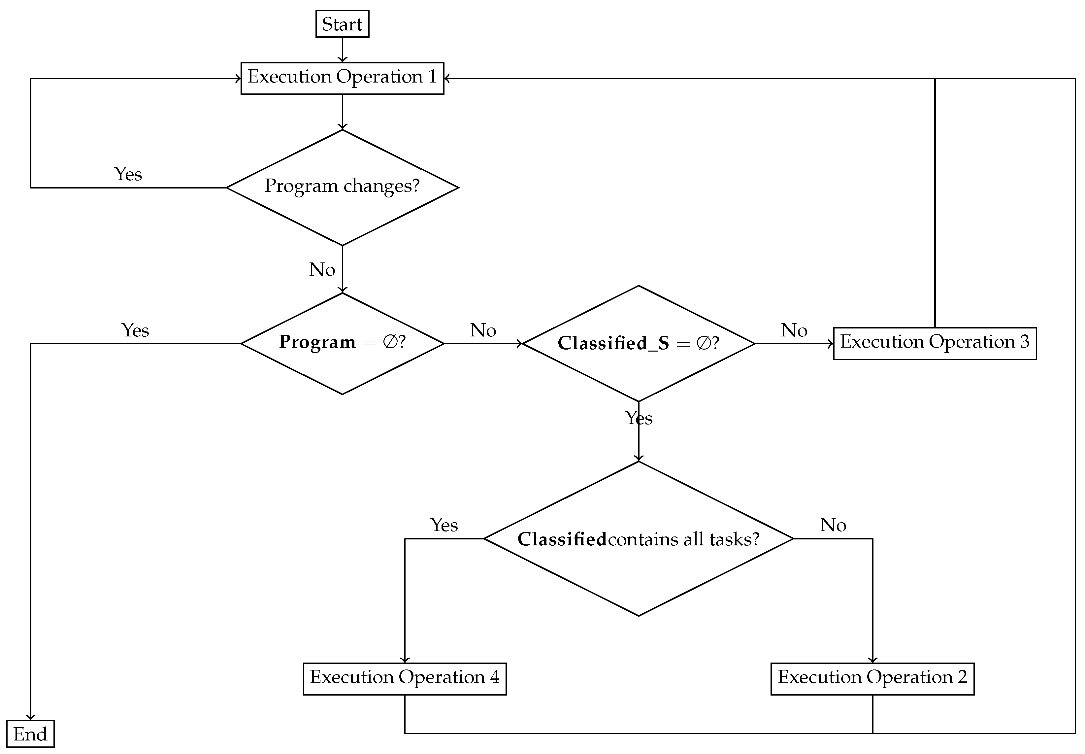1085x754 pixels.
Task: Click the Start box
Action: click(x=342, y=24)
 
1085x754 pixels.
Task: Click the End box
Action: click(x=30, y=734)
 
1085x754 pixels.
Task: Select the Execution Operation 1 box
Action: click(x=342, y=78)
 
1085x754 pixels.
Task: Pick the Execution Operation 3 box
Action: click(x=935, y=343)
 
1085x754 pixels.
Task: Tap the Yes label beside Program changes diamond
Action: click(x=128, y=174)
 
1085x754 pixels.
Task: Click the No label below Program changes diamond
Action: click(x=322, y=270)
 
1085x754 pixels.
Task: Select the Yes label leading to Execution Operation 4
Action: click(x=444, y=525)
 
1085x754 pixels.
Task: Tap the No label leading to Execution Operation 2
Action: click(x=833, y=525)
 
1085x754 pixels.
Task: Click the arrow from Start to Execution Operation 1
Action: click(x=342, y=50)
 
